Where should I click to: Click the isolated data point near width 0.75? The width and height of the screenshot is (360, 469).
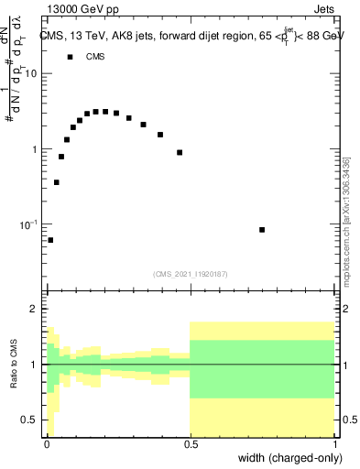[x=262, y=230]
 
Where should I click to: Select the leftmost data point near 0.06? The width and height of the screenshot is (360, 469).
[x=50, y=240]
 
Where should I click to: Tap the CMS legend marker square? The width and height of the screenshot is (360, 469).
[x=70, y=57]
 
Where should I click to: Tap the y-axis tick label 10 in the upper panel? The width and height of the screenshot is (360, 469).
[x=31, y=74]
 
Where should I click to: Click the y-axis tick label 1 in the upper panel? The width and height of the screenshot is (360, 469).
[x=35, y=149]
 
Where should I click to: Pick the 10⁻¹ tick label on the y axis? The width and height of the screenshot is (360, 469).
[x=29, y=224]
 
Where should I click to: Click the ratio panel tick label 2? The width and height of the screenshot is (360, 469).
[x=35, y=310]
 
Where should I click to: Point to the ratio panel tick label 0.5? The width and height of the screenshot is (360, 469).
[x=30, y=420]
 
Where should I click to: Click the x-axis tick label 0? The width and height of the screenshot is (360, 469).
[x=46, y=443]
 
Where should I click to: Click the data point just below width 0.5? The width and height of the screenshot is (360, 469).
[x=180, y=152]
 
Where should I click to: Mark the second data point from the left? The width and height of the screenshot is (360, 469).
[x=57, y=182]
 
